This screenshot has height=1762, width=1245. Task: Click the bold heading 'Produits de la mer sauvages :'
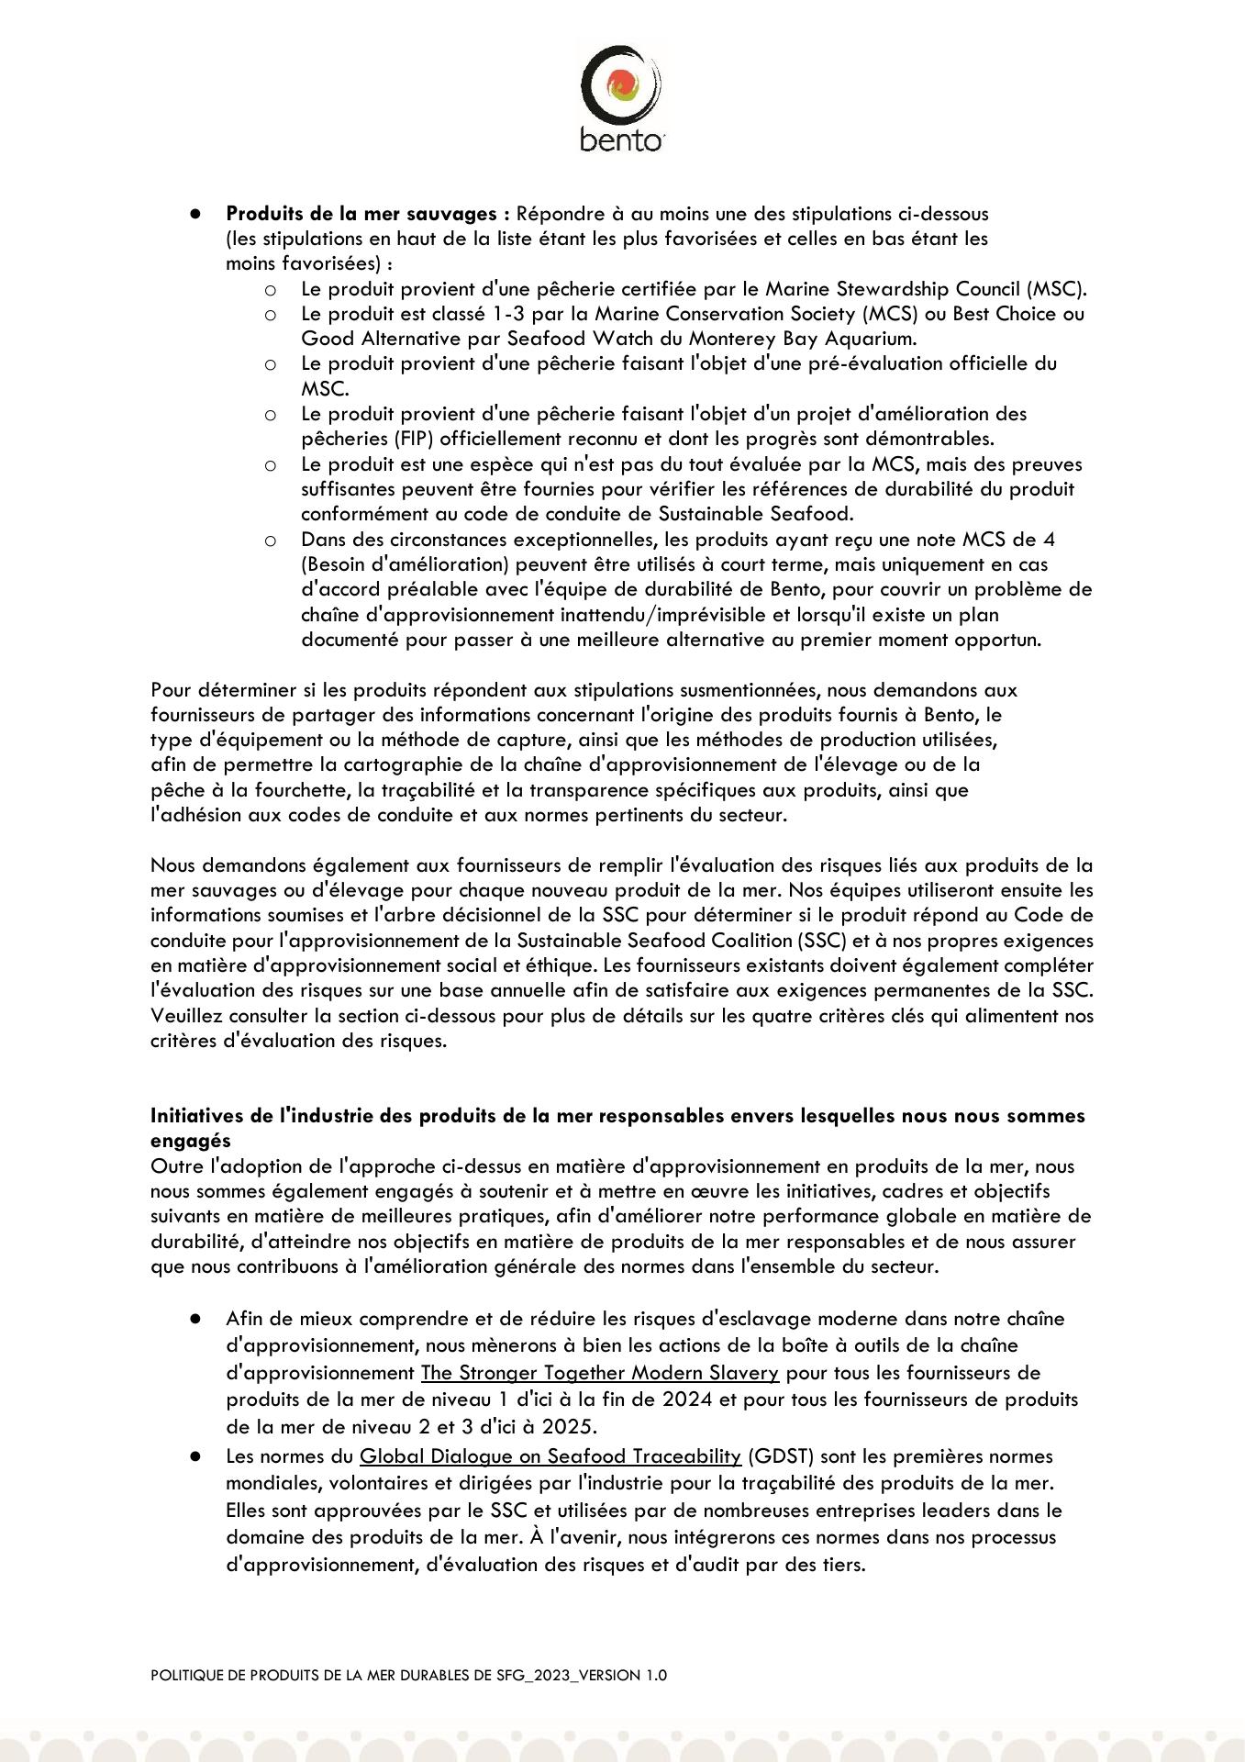pyautogui.click(x=367, y=214)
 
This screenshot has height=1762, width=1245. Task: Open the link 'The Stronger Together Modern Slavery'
pyautogui.click(x=599, y=1374)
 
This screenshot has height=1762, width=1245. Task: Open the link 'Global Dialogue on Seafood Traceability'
pyautogui.click(x=550, y=1456)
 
